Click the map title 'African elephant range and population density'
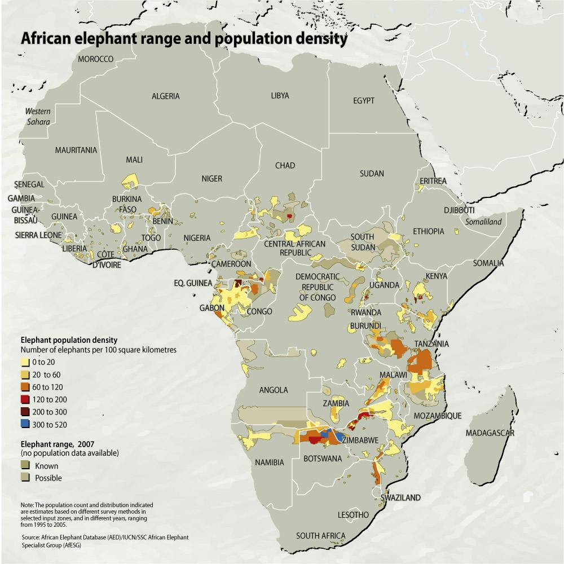click(x=183, y=40)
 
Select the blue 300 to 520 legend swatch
click(x=25, y=424)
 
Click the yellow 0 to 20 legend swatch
click(x=25, y=362)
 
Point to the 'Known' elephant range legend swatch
click(x=25, y=465)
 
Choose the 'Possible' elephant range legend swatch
click(x=25, y=478)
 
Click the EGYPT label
click(x=364, y=100)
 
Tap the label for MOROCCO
click(x=96, y=59)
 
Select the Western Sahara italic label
click(x=38, y=116)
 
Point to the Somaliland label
click(x=483, y=222)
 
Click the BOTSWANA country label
click(x=323, y=459)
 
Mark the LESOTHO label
click(x=352, y=515)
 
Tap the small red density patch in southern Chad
click(x=289, y=216)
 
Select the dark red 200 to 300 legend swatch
click(x=25, y=412)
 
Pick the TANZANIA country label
click(x=431, y=343)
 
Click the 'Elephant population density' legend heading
click(x=69, y=340)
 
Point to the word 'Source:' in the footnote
click(x=31, y=537)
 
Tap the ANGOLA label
click(x=274, y=390)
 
